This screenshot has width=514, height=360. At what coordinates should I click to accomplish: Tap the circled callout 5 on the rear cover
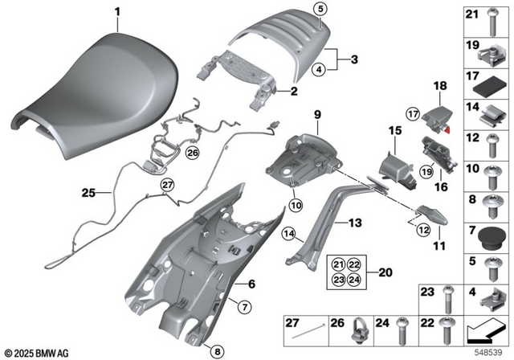coord(320,10)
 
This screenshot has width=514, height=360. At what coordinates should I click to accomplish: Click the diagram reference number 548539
coord(492,353)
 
